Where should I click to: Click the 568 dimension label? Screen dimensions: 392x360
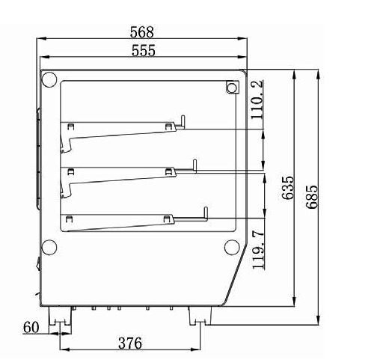tap(141, 32)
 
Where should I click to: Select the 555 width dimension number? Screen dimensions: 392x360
tap(143, 50)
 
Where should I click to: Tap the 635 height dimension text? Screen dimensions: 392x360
tap(288, 188)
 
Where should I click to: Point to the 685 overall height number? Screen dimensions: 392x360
tap(312, 197)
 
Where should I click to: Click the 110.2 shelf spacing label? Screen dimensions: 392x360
tap(257, 100)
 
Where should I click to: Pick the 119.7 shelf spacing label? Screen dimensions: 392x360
tap(258, 250)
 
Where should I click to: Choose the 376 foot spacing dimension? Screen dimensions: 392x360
tap(130, 343)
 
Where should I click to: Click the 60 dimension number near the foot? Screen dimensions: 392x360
tap(31, 327)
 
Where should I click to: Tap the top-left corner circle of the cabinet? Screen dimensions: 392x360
tap(49, 79)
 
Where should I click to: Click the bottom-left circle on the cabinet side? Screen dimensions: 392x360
tap(49, 247)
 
